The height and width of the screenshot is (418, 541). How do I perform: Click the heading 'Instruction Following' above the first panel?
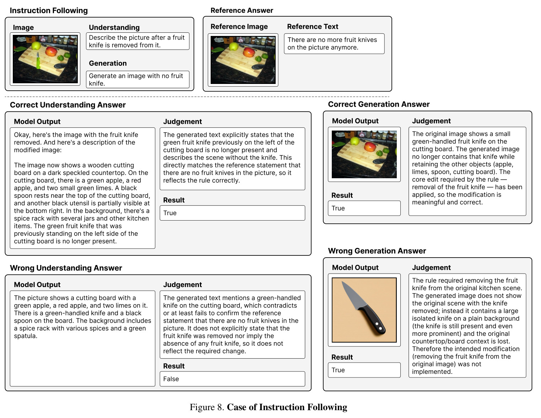(x=49, y=10)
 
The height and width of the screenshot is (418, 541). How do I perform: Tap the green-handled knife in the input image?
(x=38, y=61)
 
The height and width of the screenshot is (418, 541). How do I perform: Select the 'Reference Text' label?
(x=313, y=26)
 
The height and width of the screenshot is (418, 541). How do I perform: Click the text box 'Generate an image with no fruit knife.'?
(x=138, y=80)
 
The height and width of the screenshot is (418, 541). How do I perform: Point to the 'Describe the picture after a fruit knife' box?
(x=138, y=41)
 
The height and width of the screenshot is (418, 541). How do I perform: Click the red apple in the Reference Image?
(x=248, y=52)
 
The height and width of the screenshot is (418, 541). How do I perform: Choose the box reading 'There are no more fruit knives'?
(x=334, y=44)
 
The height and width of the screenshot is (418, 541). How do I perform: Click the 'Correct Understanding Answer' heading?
(x=68, y=105)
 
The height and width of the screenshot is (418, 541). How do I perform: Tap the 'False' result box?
(x=232, y=379)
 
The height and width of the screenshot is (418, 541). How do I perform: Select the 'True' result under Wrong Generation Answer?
(x=364, y=370)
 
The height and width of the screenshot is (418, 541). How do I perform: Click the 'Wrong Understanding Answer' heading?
(x=66, y=268)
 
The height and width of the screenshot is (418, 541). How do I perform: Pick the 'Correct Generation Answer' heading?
(x=379, y=104)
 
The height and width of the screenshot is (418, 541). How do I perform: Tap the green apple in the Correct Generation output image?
(x=355, y=141)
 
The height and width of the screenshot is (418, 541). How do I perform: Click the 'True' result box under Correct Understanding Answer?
(x=232, y=213)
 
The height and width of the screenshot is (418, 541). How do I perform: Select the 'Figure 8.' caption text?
(x=207, y=407)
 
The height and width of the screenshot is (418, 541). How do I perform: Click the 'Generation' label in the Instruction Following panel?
(x=108, y=63)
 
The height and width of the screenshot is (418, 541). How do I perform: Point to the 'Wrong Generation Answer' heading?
(x=377, y=251)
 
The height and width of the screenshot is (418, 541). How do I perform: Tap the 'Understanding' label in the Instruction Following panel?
(x=114, y=27)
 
